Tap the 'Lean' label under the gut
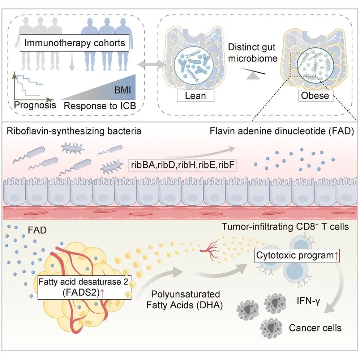[x=195, y=96]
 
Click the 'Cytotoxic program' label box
[x=297, y=255]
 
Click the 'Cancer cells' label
[x=315, y=328]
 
